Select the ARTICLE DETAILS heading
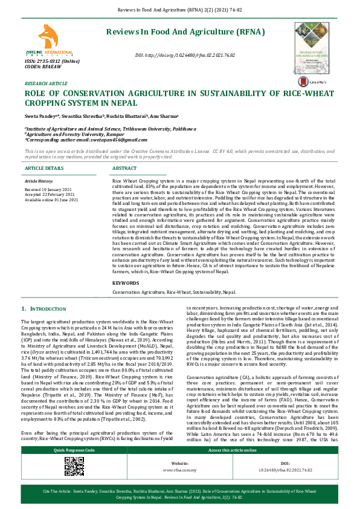tap(44, 168)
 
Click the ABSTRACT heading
tap(124, 168)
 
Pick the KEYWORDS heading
tap(126, 283)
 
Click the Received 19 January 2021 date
tap(49, 189)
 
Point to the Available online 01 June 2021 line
tap(53, 199)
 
